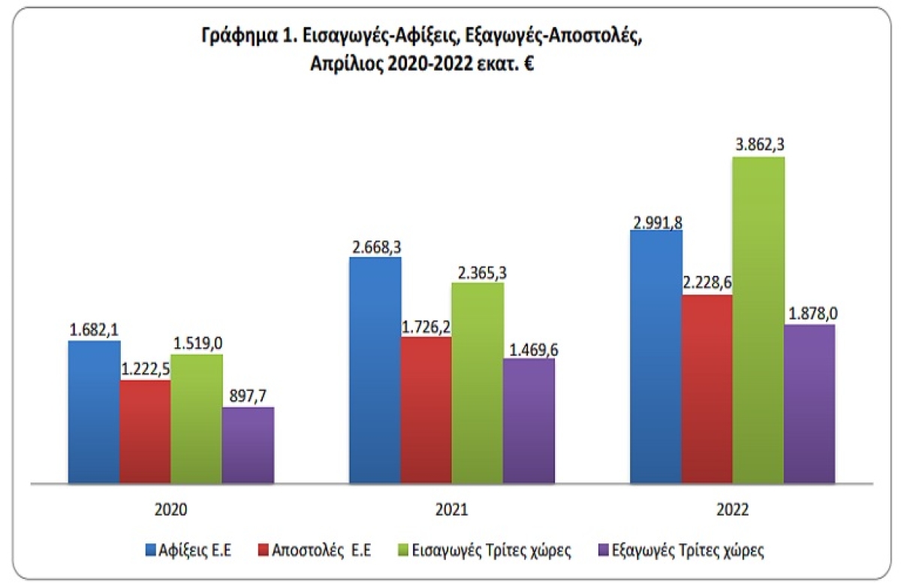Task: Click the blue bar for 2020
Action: point(94,411)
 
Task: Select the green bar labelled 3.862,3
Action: point(758,319)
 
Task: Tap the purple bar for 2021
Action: point(529,420)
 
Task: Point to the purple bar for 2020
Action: point(248,444)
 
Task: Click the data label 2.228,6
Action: point(707,283)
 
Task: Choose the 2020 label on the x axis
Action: point(170,509)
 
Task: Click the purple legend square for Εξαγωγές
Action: point(604,550)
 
